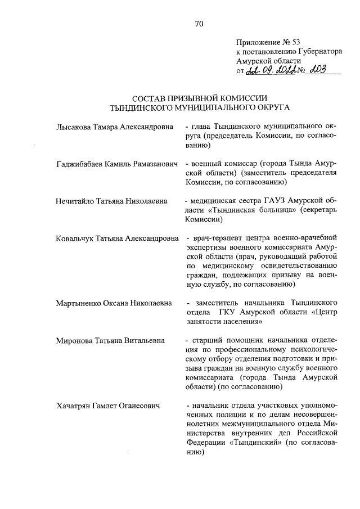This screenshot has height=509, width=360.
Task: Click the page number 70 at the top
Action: [x=199, y=24]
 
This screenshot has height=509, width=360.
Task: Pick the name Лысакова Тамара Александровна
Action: [x=115, y=127]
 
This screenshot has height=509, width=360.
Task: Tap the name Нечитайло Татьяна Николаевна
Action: [x=111, y=201]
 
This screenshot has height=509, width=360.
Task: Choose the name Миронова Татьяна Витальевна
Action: [x=110, y=340]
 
